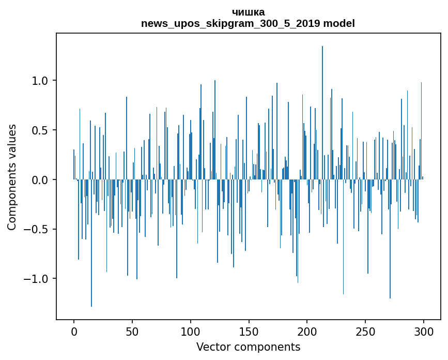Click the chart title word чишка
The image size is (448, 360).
point(248,12)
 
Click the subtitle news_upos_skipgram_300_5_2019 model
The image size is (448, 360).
point(248,23)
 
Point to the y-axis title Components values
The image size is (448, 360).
point(12,177)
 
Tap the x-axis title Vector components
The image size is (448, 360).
point(248,347)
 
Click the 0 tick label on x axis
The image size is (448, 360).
point(74,331)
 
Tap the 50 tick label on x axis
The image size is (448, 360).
point(132,331)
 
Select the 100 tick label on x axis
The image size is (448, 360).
point(191,331)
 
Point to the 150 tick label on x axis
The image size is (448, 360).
point(249,331)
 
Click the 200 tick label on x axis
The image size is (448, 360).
point(307,331)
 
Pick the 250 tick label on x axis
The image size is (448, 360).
point(366,331)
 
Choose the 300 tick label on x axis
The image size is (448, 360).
point(424,331)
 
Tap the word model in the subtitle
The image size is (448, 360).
point(341,23)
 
